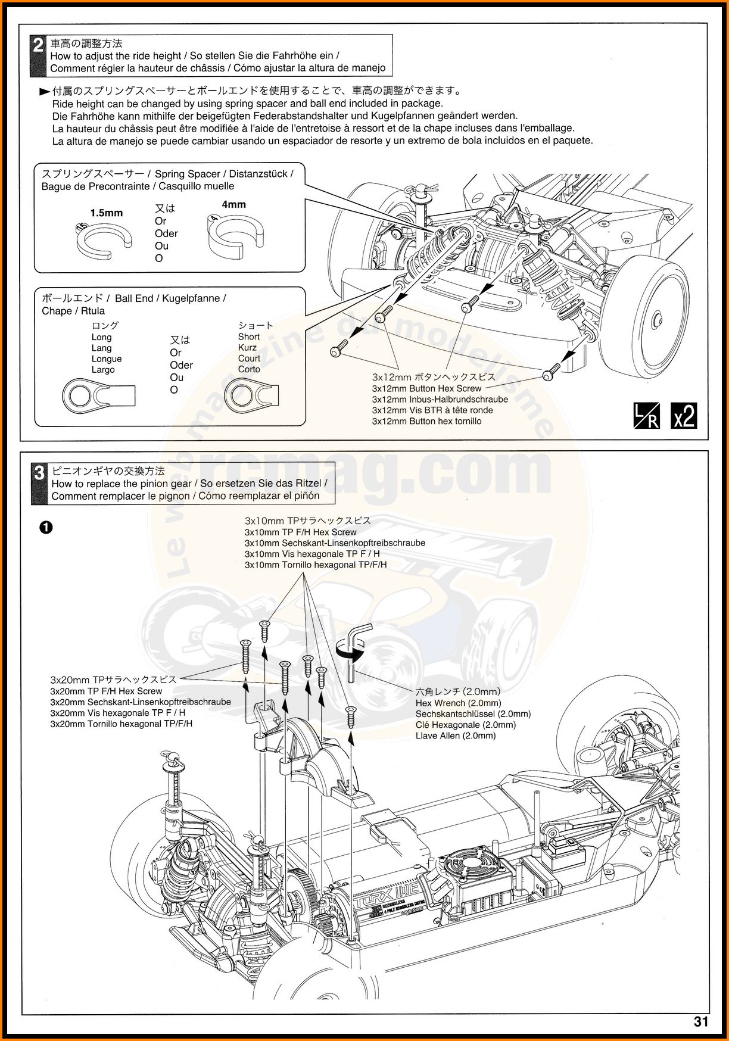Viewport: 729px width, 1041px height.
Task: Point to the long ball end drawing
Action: [98, 395]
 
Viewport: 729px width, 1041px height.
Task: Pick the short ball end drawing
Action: [251, 395]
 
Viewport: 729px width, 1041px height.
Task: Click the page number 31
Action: [700, 1022]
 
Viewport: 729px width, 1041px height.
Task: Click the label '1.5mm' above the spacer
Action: [107, 213]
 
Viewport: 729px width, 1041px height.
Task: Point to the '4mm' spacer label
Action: [233, 204]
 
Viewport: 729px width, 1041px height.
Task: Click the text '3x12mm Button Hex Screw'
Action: [426, 388]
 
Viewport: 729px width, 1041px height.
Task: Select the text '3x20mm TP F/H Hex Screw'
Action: [106, 691]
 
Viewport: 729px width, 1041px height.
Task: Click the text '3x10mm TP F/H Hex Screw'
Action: [300, 532]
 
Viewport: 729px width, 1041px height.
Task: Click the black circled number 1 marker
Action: [46, 527]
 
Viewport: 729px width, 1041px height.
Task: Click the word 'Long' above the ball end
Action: [101, 337]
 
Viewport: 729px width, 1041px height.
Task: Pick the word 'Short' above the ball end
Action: [249, 336]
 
